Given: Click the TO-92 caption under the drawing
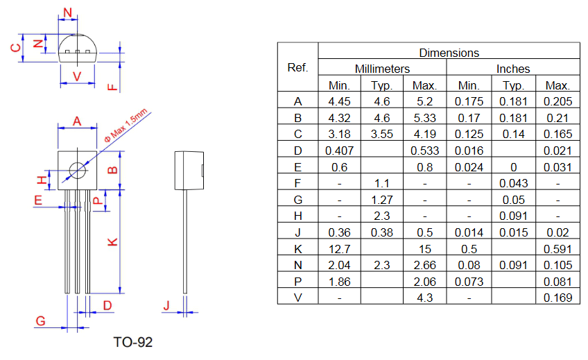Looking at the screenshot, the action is click(x=132, y=342).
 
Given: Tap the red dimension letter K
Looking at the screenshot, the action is click(x=112, y=242).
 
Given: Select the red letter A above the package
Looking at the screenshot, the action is click(x=77, y=121).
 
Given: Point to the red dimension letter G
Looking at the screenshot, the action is click(x=40, y=320).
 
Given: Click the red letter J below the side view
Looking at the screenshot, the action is click(x=166, y=306).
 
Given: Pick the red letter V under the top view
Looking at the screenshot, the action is click(x=77, y=76).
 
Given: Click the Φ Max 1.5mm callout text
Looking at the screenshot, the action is click(x=126, y=126).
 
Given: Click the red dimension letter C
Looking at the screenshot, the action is click(x=16, y=48).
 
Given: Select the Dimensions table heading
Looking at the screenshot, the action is click(x=449, y=53).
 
